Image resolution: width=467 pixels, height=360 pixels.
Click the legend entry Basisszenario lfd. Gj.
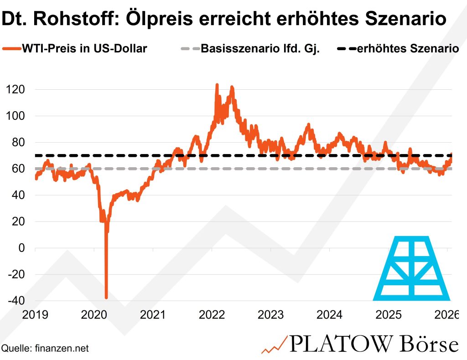(260, 48)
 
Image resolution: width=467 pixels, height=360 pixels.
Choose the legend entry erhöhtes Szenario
(408, 48)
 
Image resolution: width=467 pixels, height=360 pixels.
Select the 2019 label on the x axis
(35, 314)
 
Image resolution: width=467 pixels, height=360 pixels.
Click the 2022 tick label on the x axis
(212, 314)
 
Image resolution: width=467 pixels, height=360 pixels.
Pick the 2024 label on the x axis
(329, 314)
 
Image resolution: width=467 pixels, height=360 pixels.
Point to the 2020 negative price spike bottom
(106, 298)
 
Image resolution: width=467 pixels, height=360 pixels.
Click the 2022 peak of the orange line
(217, 85)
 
